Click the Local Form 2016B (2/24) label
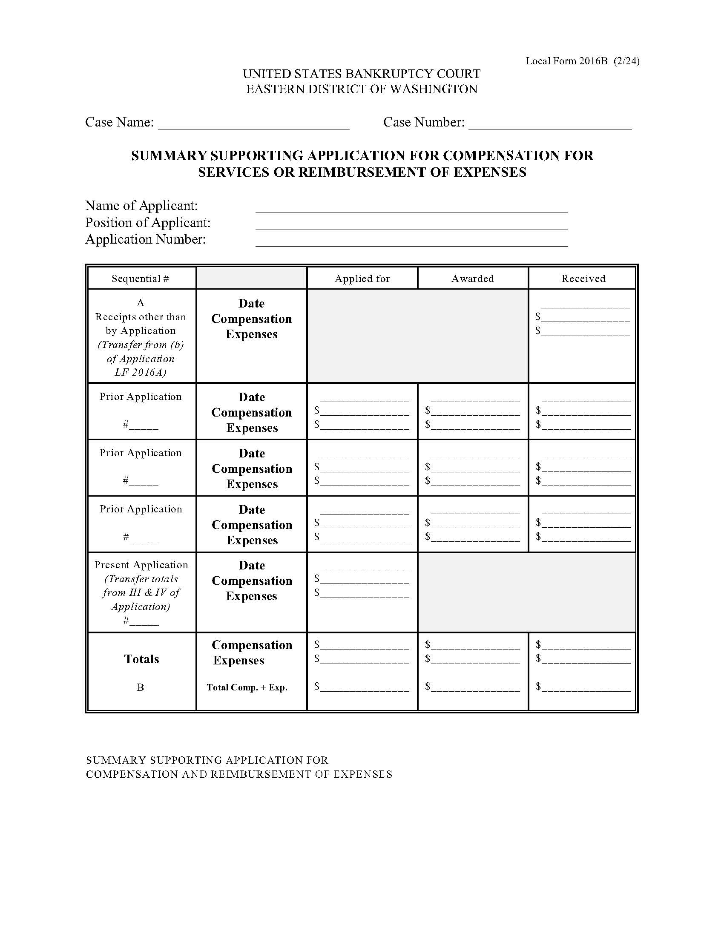click(x=582, y=61)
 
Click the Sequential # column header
click(x=140, y=279)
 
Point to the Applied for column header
click(x=362, y=279)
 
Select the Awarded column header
click(x=472, y=279)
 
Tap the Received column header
click(x=583, y=279)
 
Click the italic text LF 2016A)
click(x=140, y=372)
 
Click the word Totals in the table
click(x=141, y=659)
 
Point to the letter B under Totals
click(x=140, y=687)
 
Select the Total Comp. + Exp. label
click(x=247, y=687)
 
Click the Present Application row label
click(x=141, y=565)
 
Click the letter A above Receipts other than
click(x=140, y=303)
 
